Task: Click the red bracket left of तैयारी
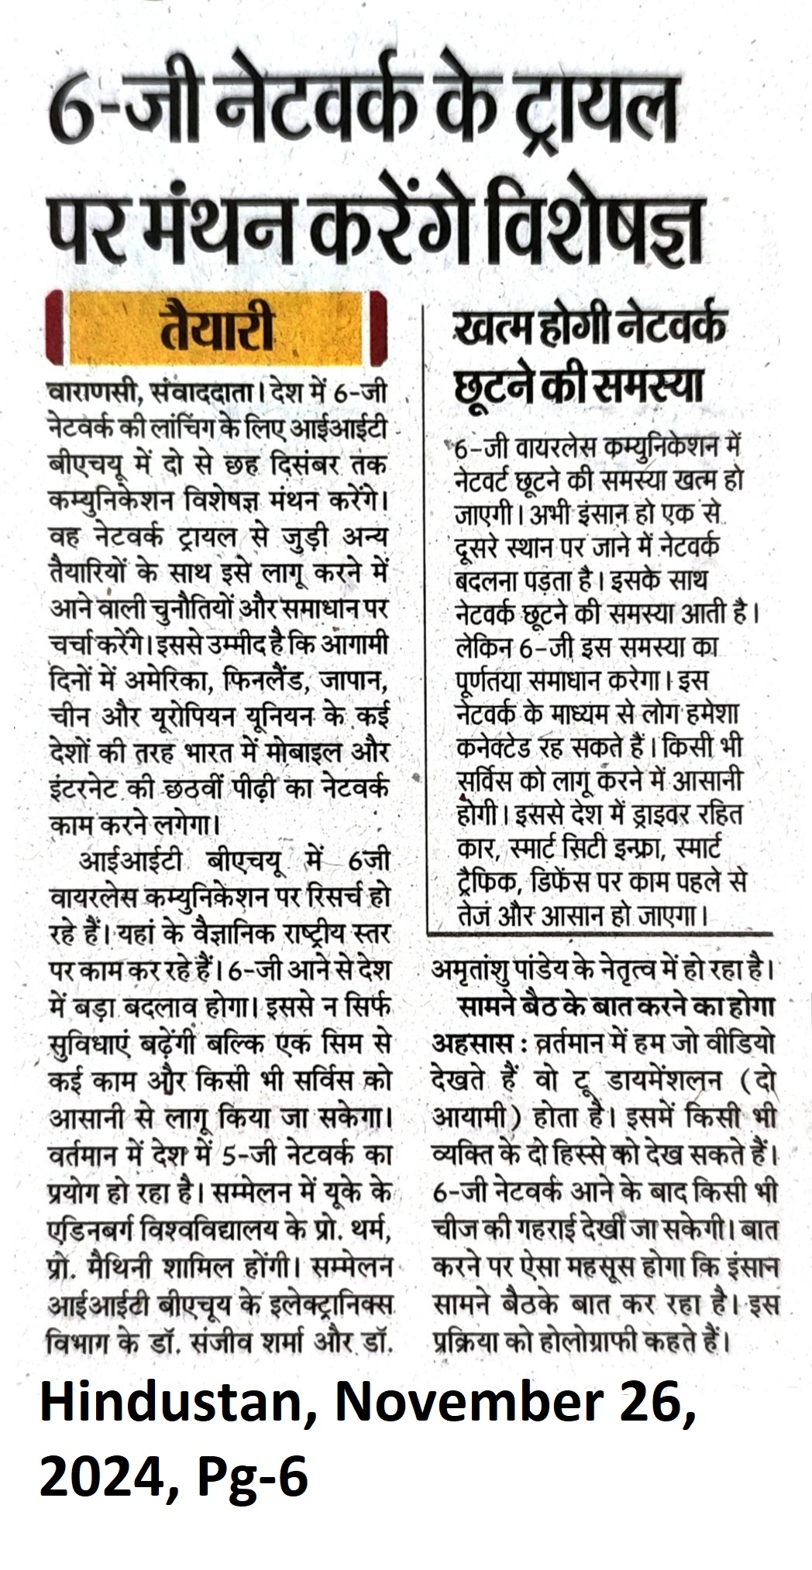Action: pyautogui.click(x=53, y=327)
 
